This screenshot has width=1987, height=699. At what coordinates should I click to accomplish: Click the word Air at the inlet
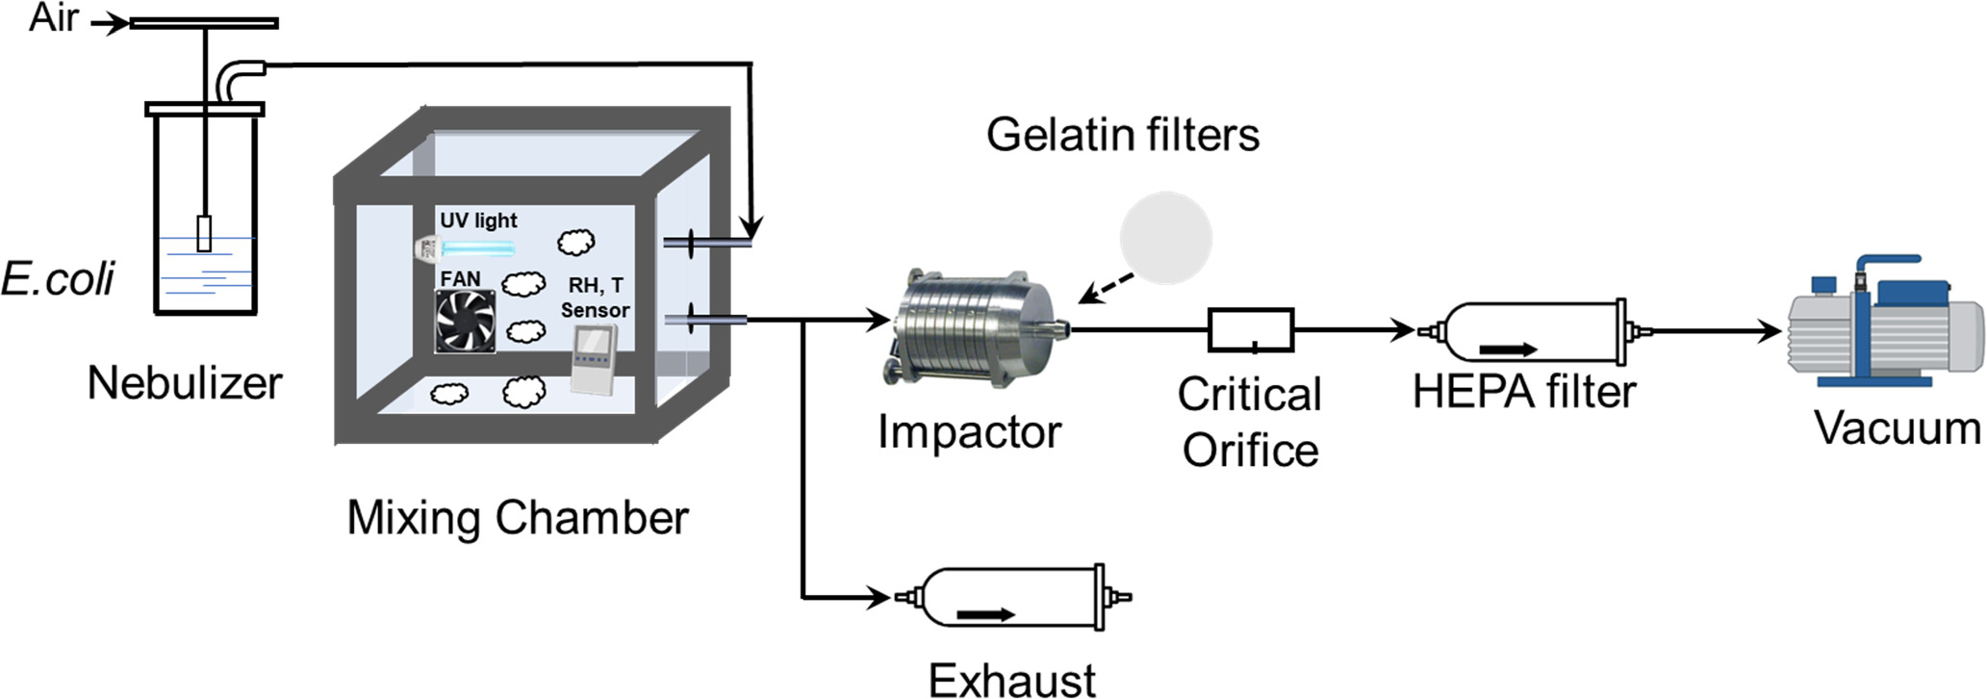[53, 18]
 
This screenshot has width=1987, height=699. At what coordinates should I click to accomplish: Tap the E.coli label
[58, 279]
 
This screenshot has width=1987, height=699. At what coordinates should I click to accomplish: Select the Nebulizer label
[185, 383]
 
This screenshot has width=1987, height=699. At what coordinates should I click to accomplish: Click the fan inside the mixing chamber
[466, 322]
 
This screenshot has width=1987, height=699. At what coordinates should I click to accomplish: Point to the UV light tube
[478, 249]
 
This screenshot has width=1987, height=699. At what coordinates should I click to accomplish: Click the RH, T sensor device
[594, 358]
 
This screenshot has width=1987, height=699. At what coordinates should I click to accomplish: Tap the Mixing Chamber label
[518, 518]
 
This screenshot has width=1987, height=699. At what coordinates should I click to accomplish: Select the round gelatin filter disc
[1165, 238]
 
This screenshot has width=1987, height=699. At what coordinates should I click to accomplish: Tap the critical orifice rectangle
[1251, 330]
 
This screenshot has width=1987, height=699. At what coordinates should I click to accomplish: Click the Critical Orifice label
[1250, 423]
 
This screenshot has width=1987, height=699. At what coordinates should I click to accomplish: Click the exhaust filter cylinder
[1011, 598]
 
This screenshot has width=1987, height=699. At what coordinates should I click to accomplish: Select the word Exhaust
[1012, 681]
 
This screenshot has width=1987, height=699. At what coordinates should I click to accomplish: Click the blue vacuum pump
[1883, 323]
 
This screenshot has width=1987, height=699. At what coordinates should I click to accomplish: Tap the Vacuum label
[1898, 427]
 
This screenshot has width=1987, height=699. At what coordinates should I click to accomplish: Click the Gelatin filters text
[1123, 135]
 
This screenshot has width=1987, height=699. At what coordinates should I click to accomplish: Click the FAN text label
[460, 279]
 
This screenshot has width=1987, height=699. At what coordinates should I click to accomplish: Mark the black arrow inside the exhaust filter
[986, 614]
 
